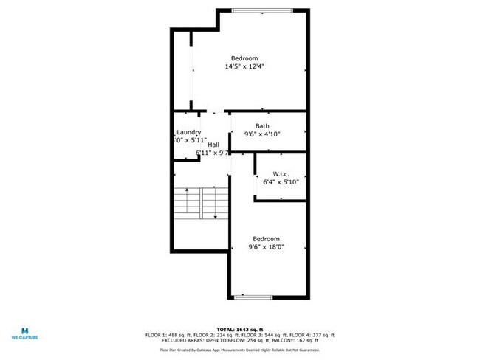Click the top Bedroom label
(244, 58)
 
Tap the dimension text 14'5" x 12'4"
(244, 66)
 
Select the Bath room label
(262, 126)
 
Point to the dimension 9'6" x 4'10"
(262, 134)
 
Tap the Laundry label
(188, 132)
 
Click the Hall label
(213, 145)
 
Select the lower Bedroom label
(266, 238)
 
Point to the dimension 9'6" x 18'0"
(266, 247)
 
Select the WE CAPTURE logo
(24, 333)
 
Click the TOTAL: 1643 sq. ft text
(239, 329)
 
